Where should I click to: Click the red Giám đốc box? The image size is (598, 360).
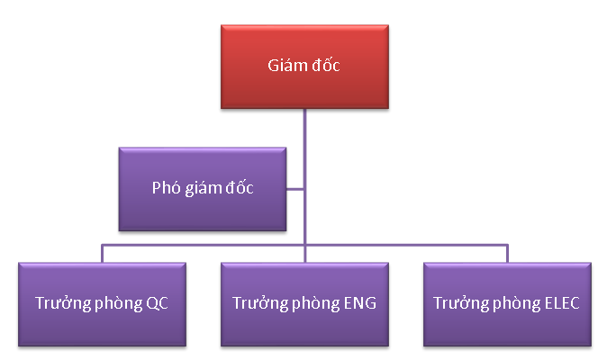coord(304,67)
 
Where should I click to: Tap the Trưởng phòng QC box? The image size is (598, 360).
coord(101,303)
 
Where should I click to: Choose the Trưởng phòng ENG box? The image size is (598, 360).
coord(304,303)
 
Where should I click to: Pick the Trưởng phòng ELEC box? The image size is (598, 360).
coord(507,303)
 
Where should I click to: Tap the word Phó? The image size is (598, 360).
coord(165,188)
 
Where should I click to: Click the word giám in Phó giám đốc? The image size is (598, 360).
coord(201,189)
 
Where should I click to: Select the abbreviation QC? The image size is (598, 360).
coord(157,303)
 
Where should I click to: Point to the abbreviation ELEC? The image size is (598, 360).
coord(562,303)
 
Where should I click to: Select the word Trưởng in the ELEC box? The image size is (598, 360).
coord(456,303)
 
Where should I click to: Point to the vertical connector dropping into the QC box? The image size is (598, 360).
coord(102,253)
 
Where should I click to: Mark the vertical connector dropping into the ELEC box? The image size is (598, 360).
coord(507,253)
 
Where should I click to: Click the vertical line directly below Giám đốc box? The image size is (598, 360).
coord(304,135)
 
